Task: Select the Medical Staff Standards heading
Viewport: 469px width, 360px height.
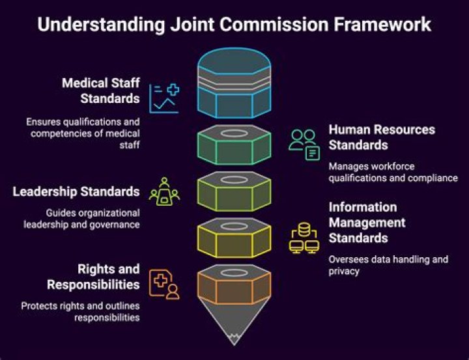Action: click(x=100, y=90)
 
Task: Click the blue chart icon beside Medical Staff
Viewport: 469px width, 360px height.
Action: click(x=163, y=98)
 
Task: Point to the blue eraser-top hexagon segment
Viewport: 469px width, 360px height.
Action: click(x=234, y=81)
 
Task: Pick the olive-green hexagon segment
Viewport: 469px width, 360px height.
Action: click(x=234, y=191)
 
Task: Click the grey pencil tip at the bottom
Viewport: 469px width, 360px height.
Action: click(x=234, y=325)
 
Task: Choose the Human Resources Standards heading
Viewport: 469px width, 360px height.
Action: click(x=381, y=137)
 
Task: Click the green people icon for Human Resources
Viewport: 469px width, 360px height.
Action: click(x=304, y=144)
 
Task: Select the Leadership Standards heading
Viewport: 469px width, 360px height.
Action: click(x=76, y=191)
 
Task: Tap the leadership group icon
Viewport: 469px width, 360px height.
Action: click(x=164, y=192)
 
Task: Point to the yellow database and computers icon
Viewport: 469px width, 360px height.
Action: click(x=304, y=238)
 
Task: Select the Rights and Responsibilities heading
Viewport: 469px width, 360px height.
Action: click(x=92, y=277)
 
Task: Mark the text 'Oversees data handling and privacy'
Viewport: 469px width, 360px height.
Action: click(x=388, y=265)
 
